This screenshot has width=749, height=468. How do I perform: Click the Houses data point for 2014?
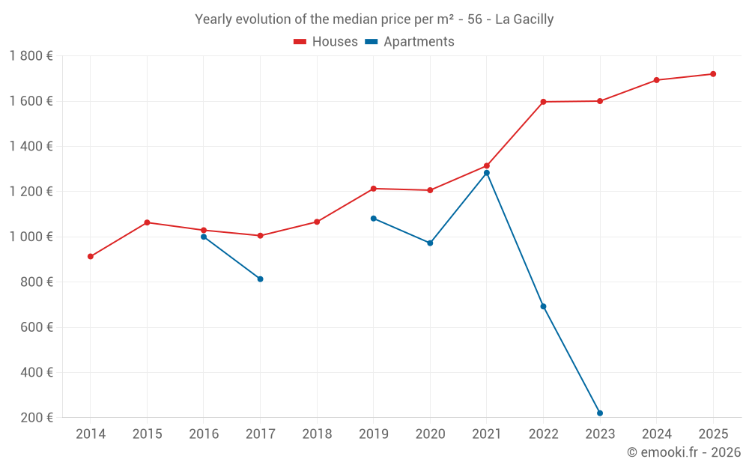pyautogui.click(x=91, y=256)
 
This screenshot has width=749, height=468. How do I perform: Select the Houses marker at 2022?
pyautogui.click(x=543, y=102)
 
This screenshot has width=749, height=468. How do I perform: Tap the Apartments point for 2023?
pyautogui.click(x=600, y=413)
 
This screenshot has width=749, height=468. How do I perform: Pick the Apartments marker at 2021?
pyautogui.click(x=487, y=173)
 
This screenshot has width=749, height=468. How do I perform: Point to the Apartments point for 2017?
pyautogui.click(x=260, y=279)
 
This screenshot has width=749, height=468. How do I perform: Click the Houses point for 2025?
pyautogui.click(x=713, y=74)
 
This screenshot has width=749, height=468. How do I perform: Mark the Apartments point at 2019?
pyautogui.click(x=374, y=219)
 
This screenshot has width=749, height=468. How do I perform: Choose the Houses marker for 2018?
pyautogui.click(x=317, y=222)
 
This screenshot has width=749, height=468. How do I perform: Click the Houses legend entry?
pyautogui.click(x=326, y=42)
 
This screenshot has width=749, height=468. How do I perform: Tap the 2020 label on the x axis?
pyautogui.click(x=430, y=434)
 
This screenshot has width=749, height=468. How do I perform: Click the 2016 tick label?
pyautogui.click(x=204, y=434)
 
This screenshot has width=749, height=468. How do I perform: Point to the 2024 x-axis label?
pyautogui.click(x=656, y=434)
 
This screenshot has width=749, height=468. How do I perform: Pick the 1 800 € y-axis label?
pyautogui.click(x=31, y=56)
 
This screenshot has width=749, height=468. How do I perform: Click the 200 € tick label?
pyautogui.click(x=37, y=418)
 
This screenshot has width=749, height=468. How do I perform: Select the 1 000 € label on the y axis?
pyautogui.click(x=31, y=237)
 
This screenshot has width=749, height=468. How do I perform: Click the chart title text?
pyautogui.click(x=374, y=19)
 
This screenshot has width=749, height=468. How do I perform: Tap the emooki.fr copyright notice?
pyautogui.click(x=684, y=452)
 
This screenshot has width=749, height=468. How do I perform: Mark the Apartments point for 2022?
pyautogui.click(x=543, y=306)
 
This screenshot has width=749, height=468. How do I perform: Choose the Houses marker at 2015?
pyautogui.click(x=147, y=222)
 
